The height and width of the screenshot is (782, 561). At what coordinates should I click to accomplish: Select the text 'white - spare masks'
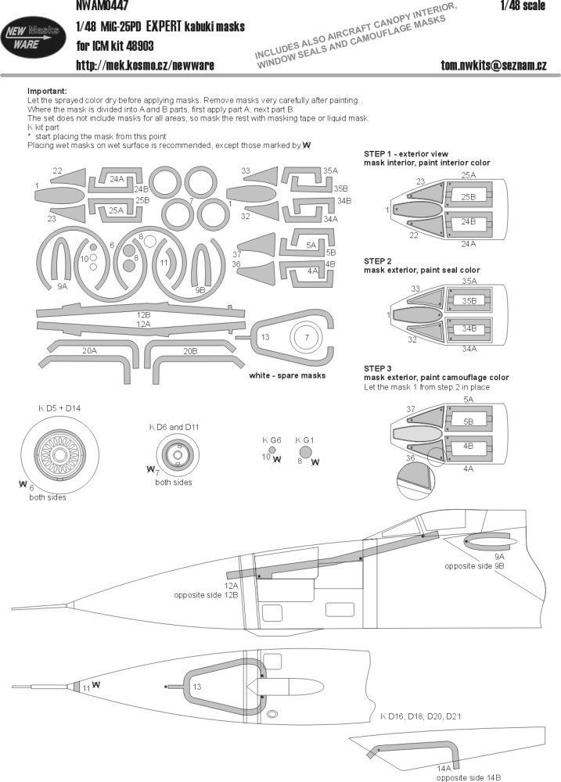(x=288, y=376)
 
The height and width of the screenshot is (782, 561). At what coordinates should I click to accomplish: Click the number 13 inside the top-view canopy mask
(x=197, y=686)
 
